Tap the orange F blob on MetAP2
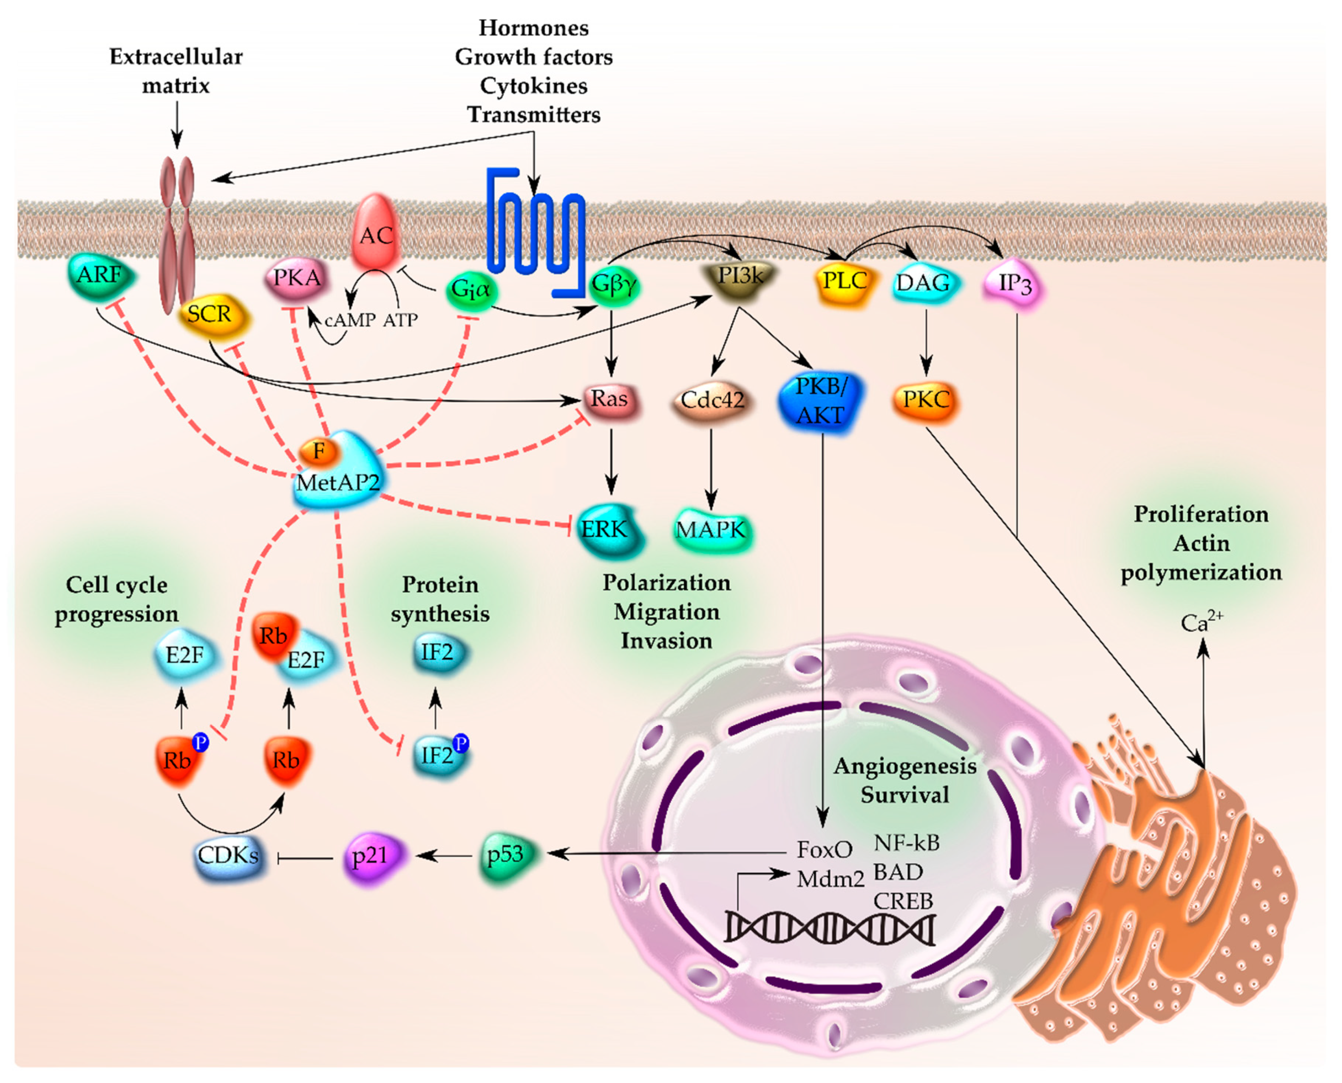point(319,450)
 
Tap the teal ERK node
point(606,529)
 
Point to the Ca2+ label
point(1201,621)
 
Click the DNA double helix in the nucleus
point(829,928)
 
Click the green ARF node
point(100,275)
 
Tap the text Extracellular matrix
point(176,71)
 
